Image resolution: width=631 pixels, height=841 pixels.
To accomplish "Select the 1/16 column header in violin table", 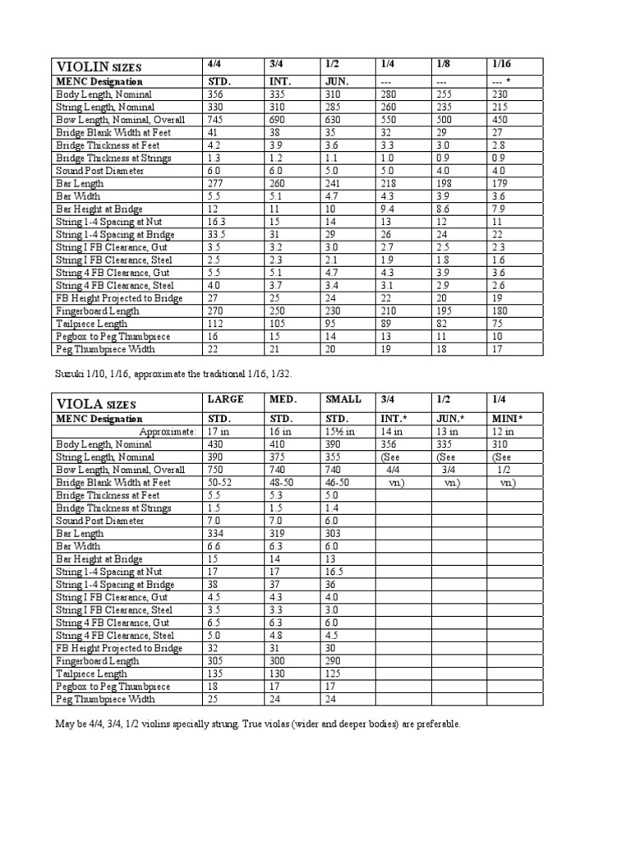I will [x=501, y=64].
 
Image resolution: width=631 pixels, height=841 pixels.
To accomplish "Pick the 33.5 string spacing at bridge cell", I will [x=215, y=235].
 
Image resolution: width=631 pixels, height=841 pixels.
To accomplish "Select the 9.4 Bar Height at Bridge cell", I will [x=389, y=209].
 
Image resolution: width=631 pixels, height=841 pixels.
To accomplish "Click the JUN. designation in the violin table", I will [x=334, y=81].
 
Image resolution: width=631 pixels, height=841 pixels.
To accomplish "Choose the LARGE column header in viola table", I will [x=221, y=400].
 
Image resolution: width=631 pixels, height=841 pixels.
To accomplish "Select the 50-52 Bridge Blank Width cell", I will [x=219, y=482].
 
